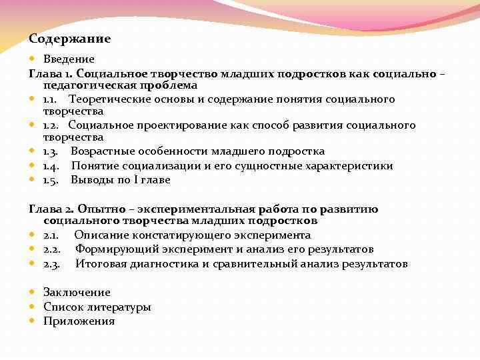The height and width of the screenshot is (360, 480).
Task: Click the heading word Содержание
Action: click(x=70, y=39)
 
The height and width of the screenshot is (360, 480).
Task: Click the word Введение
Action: click(x=69, y=60)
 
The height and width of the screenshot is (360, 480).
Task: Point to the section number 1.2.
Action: click(x=52, y=125)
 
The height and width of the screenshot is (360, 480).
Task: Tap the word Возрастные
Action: click(x=102, y=151)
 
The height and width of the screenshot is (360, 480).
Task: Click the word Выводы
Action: click(x=92, y=180)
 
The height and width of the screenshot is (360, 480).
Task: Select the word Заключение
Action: click(x=77, y=293)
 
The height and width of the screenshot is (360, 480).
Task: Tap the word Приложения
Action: click(x=79, y=321)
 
